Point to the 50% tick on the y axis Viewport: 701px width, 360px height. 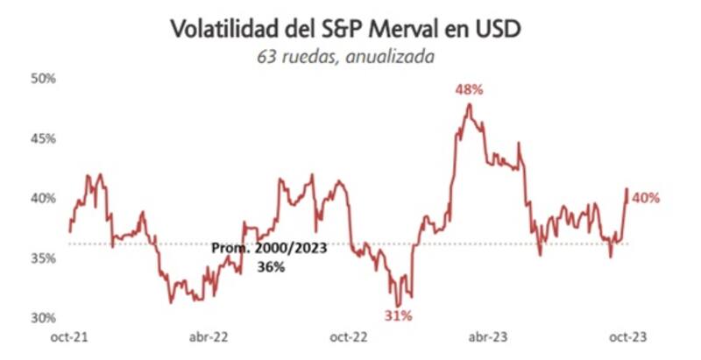tap(43, 79)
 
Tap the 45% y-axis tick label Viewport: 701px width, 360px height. tap(43, 138)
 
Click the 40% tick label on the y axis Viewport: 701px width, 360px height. tap(43, 198)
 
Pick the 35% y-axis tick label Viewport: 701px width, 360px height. tap(43, 258)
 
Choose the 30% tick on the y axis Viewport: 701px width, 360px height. tap(43, 317)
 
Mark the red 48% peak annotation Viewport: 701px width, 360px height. tap(469, 89)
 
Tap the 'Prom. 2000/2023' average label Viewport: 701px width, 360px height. tap(270, 249)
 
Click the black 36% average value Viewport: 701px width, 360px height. tap(270, 267)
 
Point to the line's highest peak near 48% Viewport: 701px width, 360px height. tap(470, 104)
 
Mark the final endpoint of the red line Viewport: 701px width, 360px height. tap(627, 189)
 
